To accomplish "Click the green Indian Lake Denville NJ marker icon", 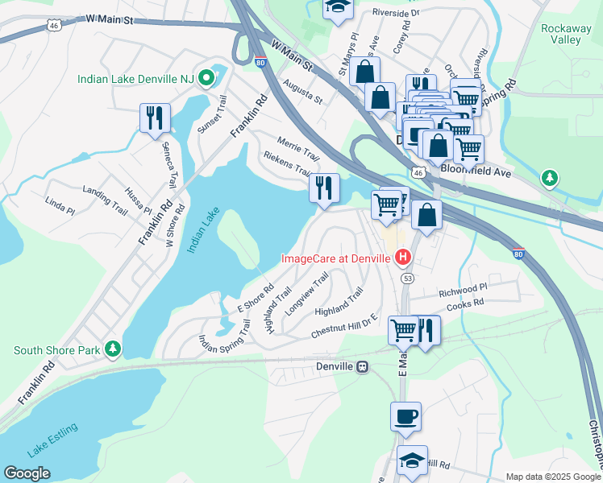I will pyautogui.click(x=206, y=79).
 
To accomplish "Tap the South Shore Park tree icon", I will pyautogui.click(x=114, y=348).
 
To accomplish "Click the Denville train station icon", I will pyautogui.click(x=363, y=366).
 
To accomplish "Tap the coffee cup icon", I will pyautogui.click(x=405, y=416).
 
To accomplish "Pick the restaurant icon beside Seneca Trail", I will pyautogui.click(x=154, y=118).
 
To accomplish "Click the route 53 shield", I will pyautogui.click(x=408, y=278).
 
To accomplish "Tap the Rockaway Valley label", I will pyautogui.click(x=566, y=34).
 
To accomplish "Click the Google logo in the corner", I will pyautogui.click(x=27, y=473).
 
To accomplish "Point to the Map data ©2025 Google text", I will pyautogui.click(x=553, y=477).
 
